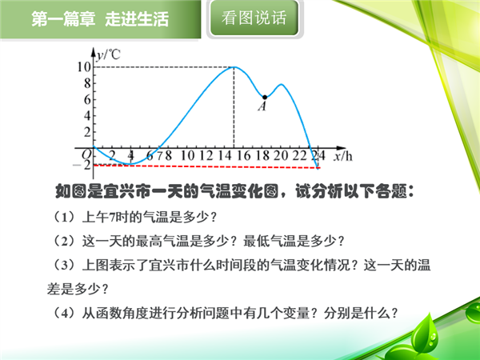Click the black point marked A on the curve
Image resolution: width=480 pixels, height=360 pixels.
point(265,98)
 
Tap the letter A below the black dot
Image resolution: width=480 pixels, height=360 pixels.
point(262,106)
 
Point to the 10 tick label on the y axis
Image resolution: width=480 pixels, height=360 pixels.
point(84,66)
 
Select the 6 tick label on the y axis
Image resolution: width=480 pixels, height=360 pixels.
point(87,99)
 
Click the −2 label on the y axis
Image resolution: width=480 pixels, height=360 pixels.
point(82,166)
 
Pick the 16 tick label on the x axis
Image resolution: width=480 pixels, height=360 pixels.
point(243,155)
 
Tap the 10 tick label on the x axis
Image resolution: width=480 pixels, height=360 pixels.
point(187,155)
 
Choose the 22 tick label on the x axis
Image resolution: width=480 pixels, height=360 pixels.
point(299,155)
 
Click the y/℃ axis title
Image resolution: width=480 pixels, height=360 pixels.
point(108,54)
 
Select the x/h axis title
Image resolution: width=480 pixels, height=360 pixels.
point(343,156)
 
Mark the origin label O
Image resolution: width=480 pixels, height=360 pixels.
point(86,154)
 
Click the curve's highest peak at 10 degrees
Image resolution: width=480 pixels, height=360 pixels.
point(234,66)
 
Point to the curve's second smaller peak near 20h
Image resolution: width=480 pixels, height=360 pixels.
point(281,85)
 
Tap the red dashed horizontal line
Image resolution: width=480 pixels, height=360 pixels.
point(206,166)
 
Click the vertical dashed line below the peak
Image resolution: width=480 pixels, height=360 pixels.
point(234,107)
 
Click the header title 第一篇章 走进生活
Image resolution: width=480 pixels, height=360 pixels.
point(100,19)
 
